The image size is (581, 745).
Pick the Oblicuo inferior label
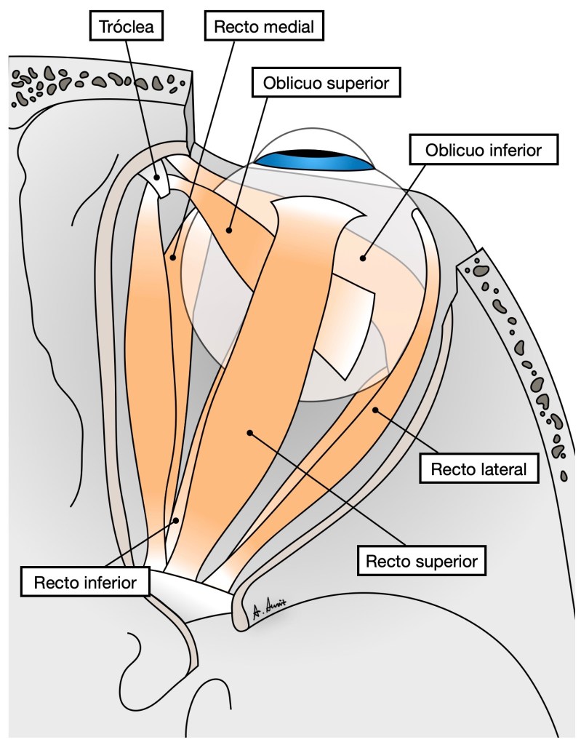(484, 151)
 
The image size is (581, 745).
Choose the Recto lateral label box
(478, 469)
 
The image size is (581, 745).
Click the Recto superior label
(422, 561)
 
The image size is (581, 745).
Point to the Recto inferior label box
(86, 581)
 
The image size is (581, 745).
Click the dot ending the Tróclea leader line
(157, 178)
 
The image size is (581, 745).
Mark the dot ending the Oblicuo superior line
(228, 231)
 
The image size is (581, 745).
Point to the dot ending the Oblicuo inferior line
(361, 256)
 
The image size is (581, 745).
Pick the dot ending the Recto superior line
(250, 432)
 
